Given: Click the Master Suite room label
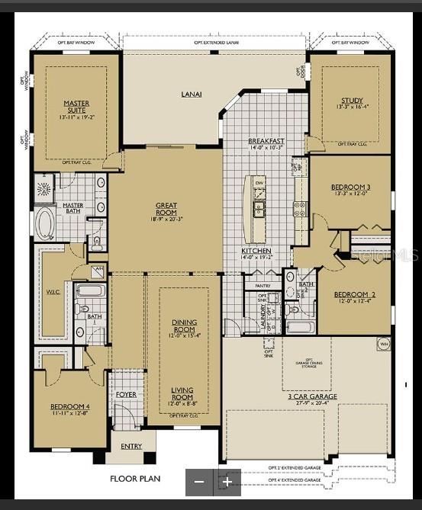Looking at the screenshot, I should (76, 107).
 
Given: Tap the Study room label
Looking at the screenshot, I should (352, 101).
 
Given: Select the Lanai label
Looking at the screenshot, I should (191, 95).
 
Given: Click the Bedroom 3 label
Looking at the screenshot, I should (350, 188).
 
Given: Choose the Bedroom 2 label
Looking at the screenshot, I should (353, 295).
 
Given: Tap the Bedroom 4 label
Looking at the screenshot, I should (69, 406).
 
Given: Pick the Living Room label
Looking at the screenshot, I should (183, 398).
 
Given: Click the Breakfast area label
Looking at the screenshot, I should (266, 142).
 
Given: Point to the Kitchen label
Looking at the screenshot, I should (256, 251).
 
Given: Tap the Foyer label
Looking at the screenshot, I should (126, 394).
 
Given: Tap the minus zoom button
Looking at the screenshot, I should (199, 482).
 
